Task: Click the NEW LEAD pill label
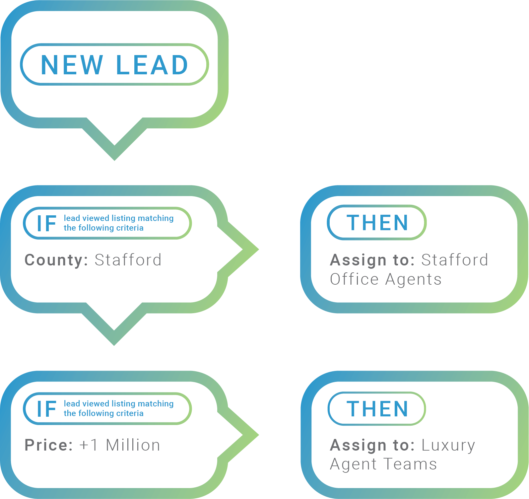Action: pyautogui.click(x=114, y=64)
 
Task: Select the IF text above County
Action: pyautogui.click(x=46, y=223)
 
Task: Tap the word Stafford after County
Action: pyautogui.click(x=128, y=260)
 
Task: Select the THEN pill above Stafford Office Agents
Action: pyautogui.click(x=377, y=222)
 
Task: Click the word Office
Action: pyautogui.click(x=354, y=279)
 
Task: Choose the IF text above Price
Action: pyautogui.click(x=46, y=409)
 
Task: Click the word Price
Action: pyautogui.click(x=48, y=445)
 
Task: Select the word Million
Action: pyautogui.click(x=133, y=445)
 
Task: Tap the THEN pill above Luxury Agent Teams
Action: pyautogui.click(x=377, y=408)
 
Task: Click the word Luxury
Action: pyautogui.click(x=448, y=445)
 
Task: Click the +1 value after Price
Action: pyautogui.click(x=89, y=445)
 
